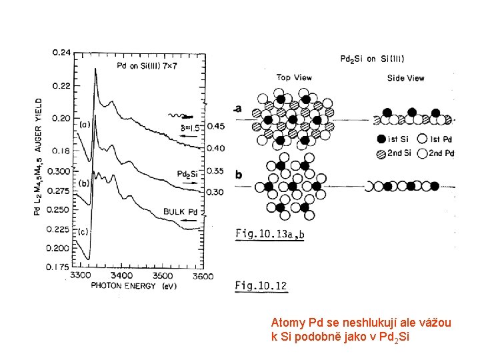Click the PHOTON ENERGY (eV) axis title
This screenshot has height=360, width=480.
coord(133,286)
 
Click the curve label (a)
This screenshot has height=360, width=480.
coord(85,124)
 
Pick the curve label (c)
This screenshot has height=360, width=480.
coord(83,231)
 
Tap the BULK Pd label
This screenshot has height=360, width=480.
coord(181,212)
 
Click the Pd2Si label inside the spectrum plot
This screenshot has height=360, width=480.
coord(187,173)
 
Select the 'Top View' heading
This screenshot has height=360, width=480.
coord(294,77)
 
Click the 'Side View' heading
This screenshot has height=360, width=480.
coord(405,78)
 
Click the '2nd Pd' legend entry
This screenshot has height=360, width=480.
coord(441,153)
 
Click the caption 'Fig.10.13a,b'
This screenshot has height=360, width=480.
coord(269,234)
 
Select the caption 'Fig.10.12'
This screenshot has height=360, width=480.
coord(261,287)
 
